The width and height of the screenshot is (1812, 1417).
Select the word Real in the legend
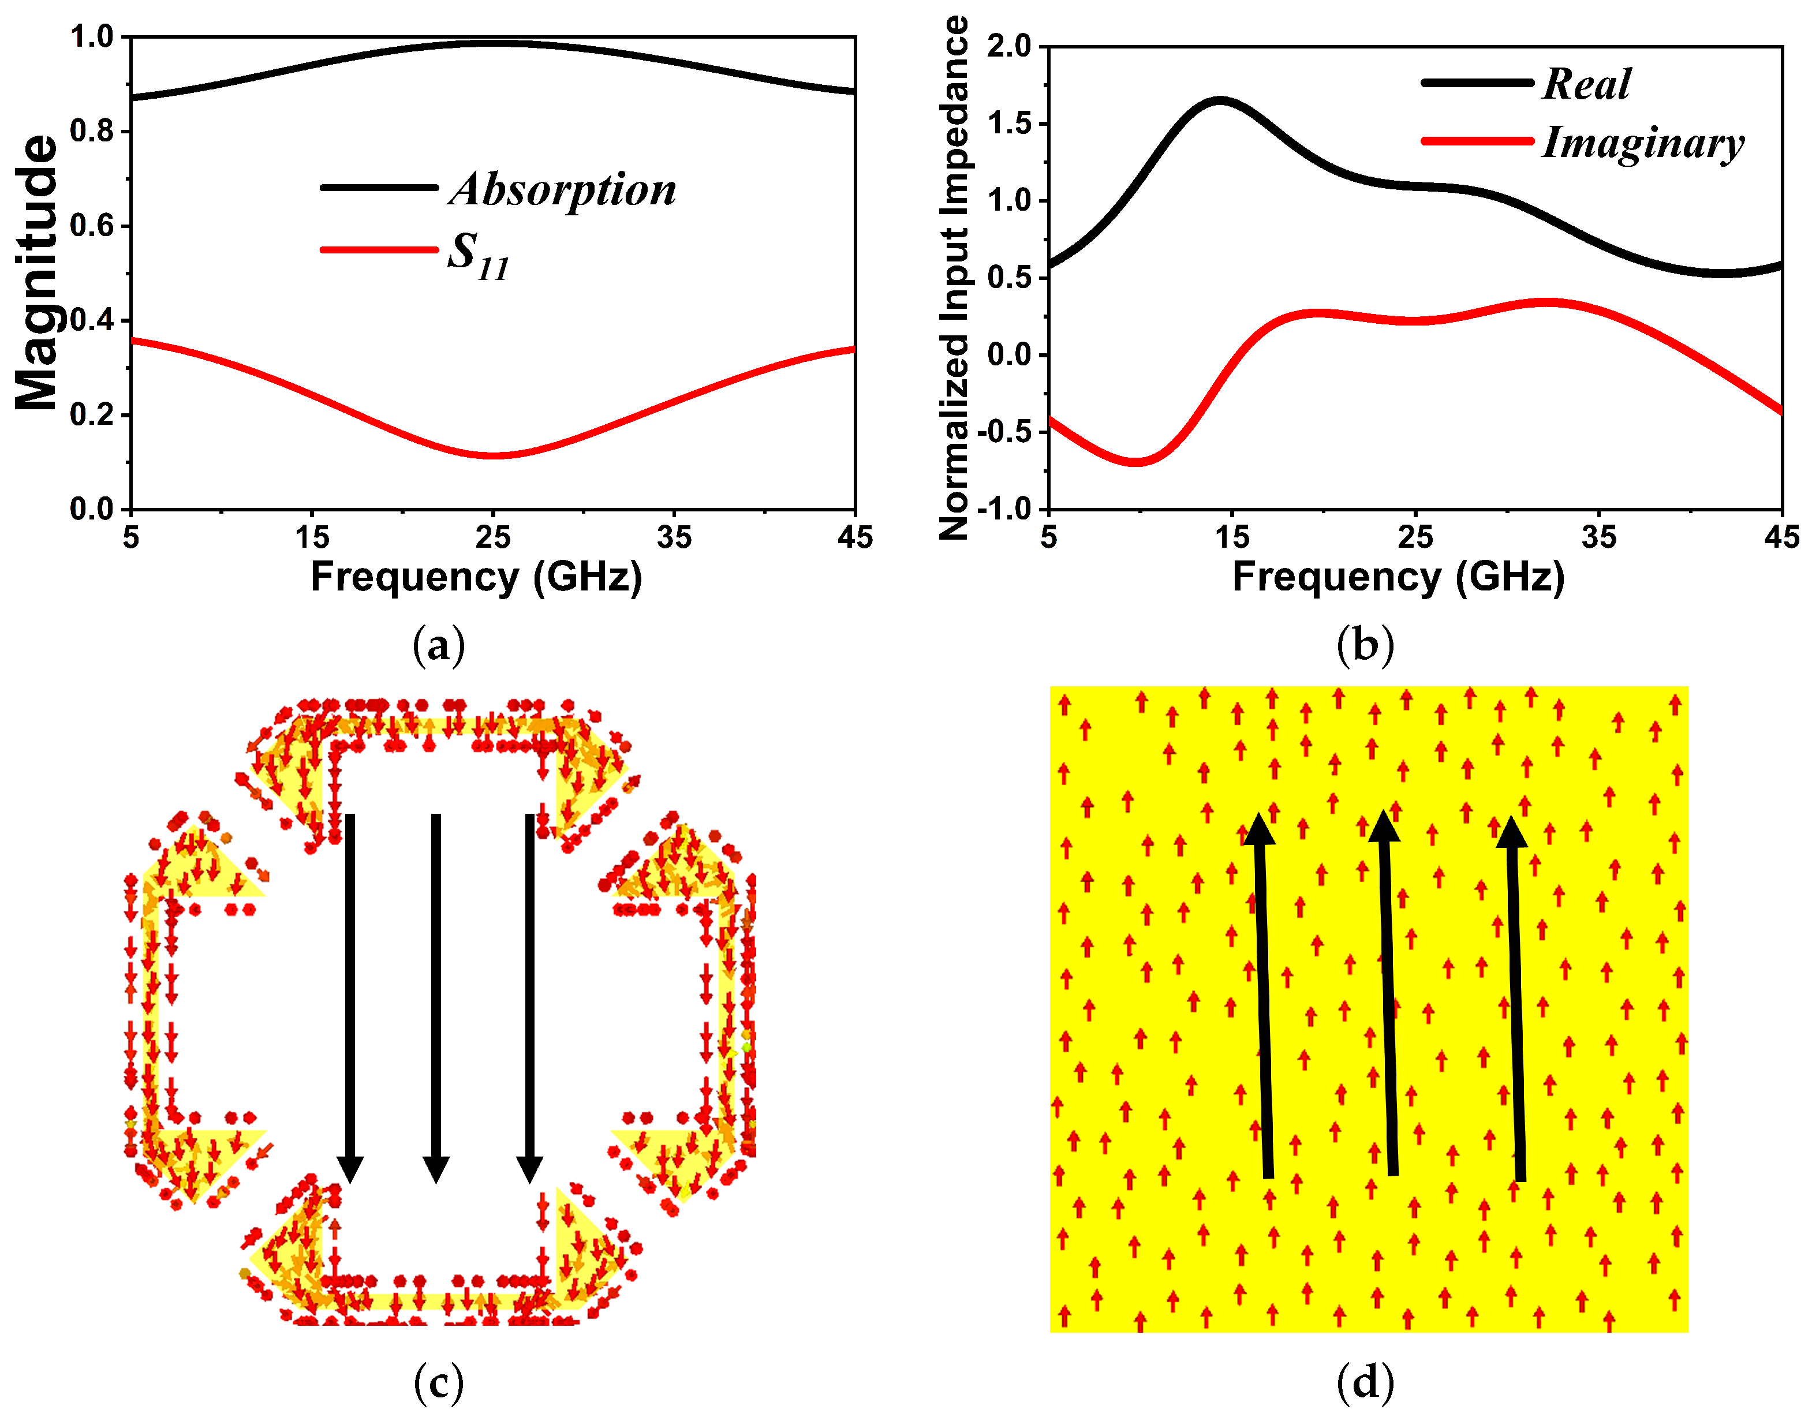1586,84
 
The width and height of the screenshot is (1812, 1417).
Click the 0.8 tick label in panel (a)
91,131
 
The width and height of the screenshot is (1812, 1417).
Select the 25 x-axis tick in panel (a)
493,537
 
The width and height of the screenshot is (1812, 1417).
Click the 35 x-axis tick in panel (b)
1599,537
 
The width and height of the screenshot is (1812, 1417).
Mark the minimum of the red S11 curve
493,455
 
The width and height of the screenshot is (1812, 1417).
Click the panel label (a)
438,645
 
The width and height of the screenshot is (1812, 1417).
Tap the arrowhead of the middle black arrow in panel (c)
436,1170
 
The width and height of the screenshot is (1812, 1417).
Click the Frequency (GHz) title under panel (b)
1398,577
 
